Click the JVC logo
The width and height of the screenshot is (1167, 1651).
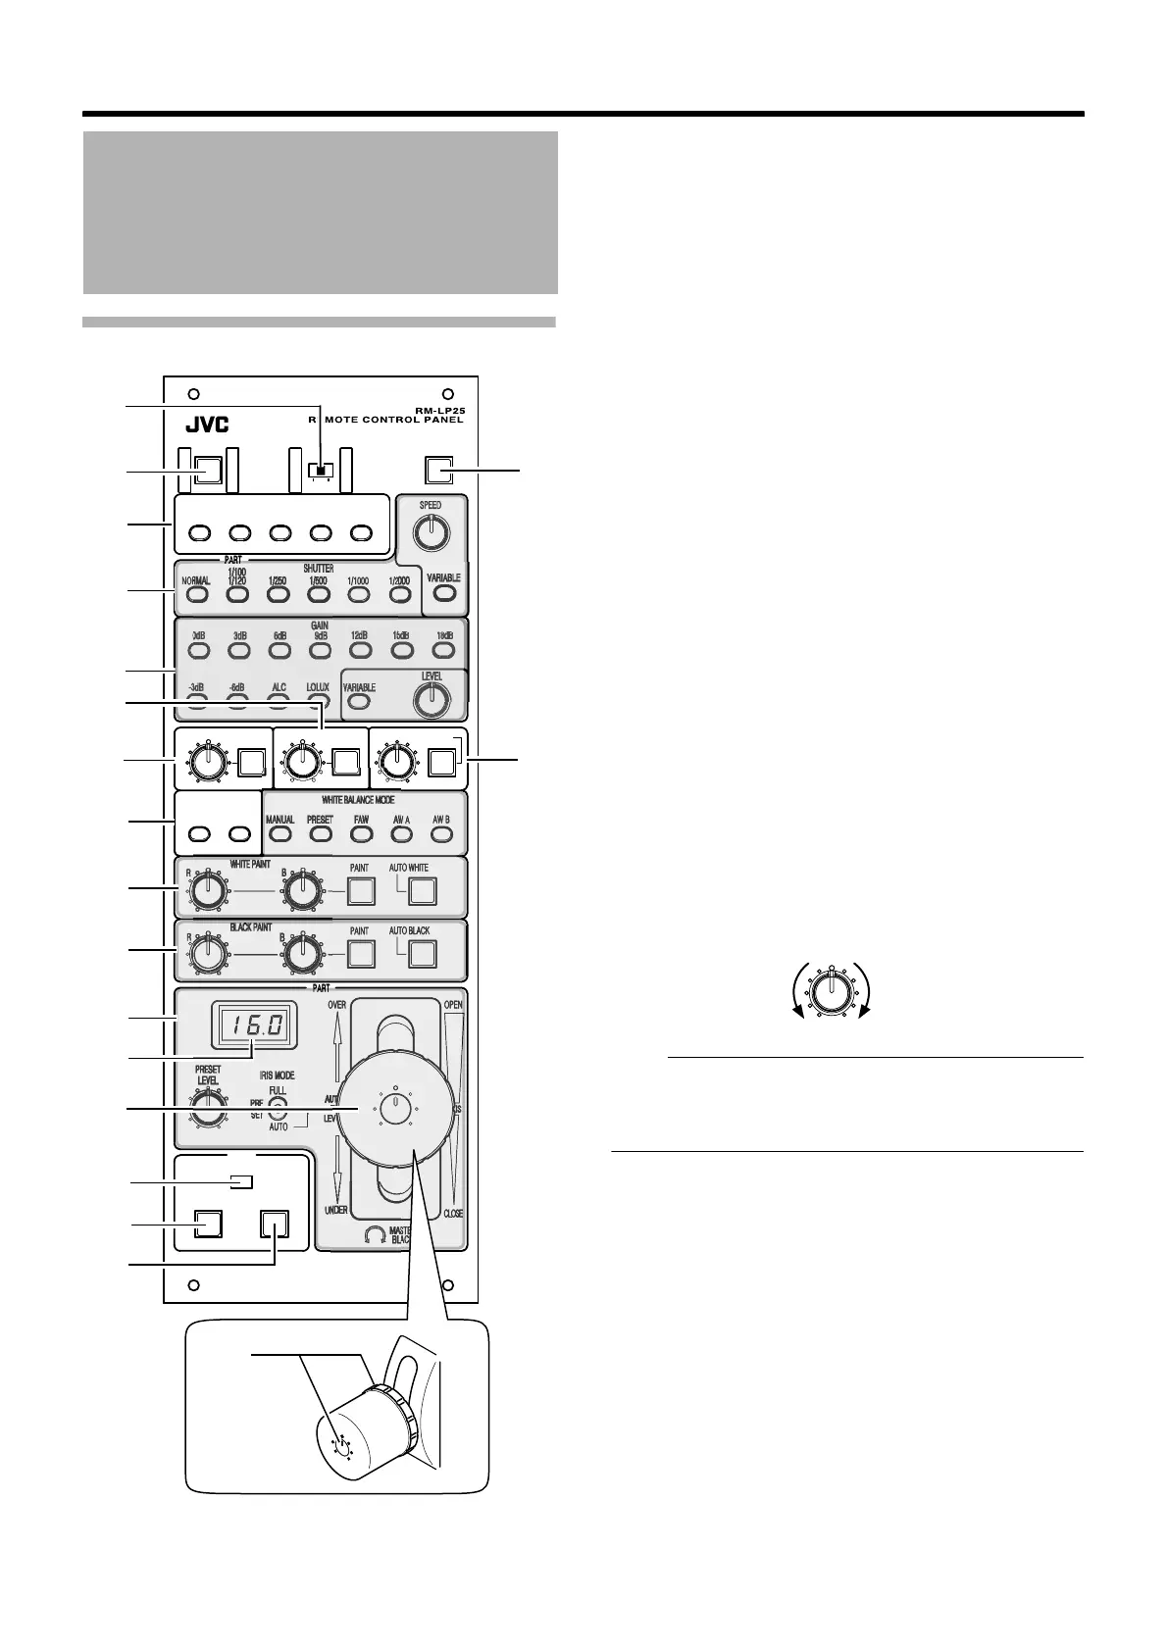pos(207,426)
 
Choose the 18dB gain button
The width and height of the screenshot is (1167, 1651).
pos(444,648)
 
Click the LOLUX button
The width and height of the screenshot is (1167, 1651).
pos(317,700)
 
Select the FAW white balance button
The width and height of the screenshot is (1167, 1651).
pos(361,834)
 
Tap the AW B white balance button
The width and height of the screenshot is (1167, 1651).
pos(440,834)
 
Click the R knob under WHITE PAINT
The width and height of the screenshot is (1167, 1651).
pos(206,890)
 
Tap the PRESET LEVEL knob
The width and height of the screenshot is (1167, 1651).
pos(206,1108)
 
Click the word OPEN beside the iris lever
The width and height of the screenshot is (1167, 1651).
pos(453,1006)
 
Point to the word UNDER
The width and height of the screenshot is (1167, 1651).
pos(336,1210)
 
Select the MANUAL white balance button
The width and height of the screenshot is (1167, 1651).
pos(280,834)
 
